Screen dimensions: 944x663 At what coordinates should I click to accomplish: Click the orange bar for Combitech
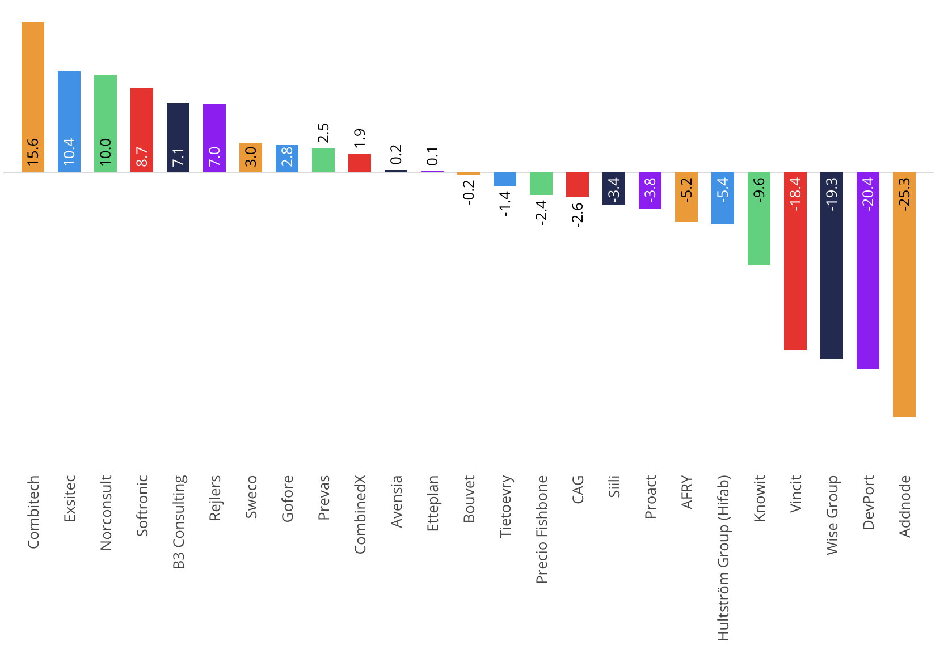(33, 97)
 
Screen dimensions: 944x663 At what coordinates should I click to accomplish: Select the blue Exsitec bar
(69, 122)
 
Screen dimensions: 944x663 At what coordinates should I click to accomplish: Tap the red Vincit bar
(795, 261)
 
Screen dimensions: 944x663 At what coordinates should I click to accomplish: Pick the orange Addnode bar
(904, 295)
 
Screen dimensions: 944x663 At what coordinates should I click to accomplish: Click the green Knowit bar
(759, 219)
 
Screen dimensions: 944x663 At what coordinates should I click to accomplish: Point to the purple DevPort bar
(868, 271)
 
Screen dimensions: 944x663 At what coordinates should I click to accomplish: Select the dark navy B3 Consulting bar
(178, 138)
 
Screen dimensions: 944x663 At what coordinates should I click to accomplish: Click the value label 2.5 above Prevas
(323, 133)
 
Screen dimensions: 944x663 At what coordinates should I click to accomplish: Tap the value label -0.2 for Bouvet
(469, 192)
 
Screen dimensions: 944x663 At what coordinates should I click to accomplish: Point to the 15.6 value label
(33, 152)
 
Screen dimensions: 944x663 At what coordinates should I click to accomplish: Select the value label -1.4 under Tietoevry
(505, 204)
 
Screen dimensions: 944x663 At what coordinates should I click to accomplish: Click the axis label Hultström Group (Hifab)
(723, 558)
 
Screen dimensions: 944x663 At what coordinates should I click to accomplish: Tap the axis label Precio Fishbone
(541, 530)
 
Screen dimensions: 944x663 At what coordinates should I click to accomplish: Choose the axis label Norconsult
(106, 513)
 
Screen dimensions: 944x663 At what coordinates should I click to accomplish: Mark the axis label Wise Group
(832, 515)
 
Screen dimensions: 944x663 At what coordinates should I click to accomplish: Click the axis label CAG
(578, 489)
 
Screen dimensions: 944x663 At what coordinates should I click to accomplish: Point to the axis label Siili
(614, 486)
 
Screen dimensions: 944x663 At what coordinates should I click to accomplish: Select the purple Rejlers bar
(214, 138)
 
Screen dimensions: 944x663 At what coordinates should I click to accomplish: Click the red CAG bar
(578, 185)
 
